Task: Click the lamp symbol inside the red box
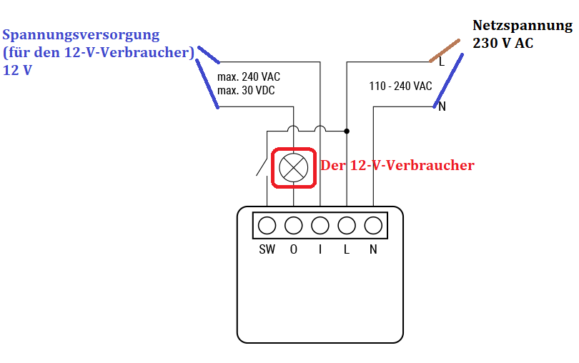(294, 168)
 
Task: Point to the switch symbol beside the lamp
(262, 167)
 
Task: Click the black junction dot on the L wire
(347, 131)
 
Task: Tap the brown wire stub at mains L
(445, 51)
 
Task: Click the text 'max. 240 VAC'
(249, 76)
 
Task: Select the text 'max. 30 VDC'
(246, 90)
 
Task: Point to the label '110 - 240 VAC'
(400, 86)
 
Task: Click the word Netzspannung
(523, 26)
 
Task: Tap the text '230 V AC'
(503, 43)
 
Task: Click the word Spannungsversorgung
(81, 35)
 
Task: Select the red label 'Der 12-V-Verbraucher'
(397, 165)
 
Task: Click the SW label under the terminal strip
(267, 249)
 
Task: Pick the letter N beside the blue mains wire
(442, 106)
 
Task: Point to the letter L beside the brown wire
(442, 61)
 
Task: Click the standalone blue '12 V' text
(17, 70)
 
